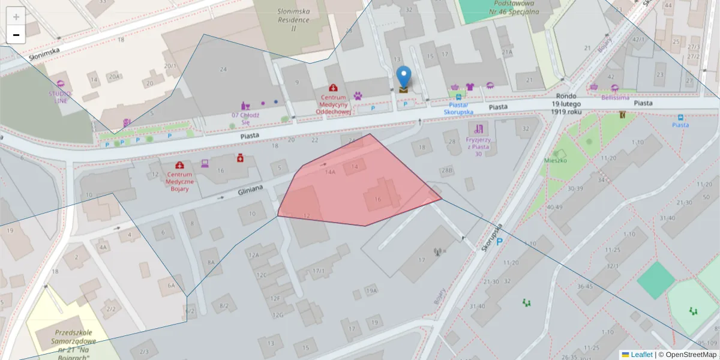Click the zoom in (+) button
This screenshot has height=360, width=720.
pos(16,17)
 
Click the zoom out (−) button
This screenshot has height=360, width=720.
pos(16,35)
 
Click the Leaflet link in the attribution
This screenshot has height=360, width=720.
pos(641,355)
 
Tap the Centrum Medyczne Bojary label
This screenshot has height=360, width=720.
pos(179,181)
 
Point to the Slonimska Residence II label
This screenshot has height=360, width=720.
pos(293,19)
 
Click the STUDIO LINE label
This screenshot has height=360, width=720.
pos(60,97)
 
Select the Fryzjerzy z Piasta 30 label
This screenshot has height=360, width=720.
pos(478,146)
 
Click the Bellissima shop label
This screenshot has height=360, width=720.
pos(615,97)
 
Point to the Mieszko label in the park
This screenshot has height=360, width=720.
pos(556,160)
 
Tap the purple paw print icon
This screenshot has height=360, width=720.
pos(358,95)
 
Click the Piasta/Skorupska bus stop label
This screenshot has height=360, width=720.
pos(458,108)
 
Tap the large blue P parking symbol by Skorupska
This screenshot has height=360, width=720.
pos(499,241)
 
